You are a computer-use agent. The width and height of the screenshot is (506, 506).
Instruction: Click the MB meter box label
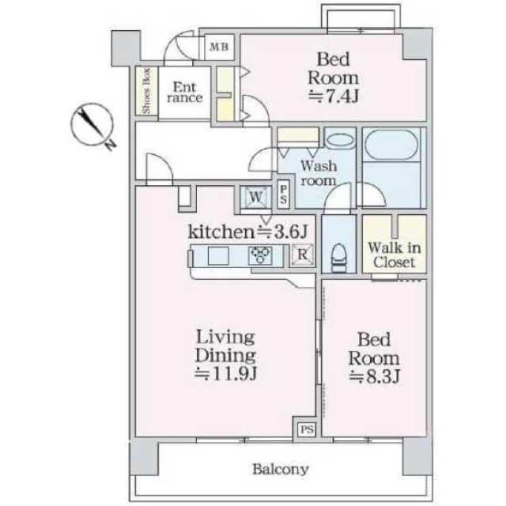219,47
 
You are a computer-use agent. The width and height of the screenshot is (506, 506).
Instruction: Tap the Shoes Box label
146,91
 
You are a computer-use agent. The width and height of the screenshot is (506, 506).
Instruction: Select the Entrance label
185,93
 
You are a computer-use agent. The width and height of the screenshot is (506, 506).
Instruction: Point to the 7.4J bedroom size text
334,96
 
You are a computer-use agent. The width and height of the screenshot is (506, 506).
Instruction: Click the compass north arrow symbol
93,125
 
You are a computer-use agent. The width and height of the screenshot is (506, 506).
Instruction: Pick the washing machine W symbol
256,197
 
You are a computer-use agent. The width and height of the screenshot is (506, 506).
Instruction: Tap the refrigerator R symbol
303,255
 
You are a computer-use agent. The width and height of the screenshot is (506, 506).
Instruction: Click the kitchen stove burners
260,255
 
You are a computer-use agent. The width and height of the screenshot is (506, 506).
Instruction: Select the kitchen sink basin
218,255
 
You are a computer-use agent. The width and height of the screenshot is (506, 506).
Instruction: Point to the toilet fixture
338,258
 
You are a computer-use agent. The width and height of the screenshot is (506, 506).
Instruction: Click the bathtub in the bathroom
392,145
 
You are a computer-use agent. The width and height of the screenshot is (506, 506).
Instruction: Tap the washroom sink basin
341,141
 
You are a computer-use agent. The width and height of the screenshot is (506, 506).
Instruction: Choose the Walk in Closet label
395,255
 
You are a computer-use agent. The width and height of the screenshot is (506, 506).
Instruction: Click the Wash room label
319,173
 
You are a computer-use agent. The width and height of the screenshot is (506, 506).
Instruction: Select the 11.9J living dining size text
226,374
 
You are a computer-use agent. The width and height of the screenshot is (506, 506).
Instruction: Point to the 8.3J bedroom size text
375,376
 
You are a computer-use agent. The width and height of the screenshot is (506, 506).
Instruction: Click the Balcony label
281,469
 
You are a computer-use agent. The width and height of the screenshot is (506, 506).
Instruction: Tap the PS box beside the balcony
307,429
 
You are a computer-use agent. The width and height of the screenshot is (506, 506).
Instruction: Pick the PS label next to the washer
283,194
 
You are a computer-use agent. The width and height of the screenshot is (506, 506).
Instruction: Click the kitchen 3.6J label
247,232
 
